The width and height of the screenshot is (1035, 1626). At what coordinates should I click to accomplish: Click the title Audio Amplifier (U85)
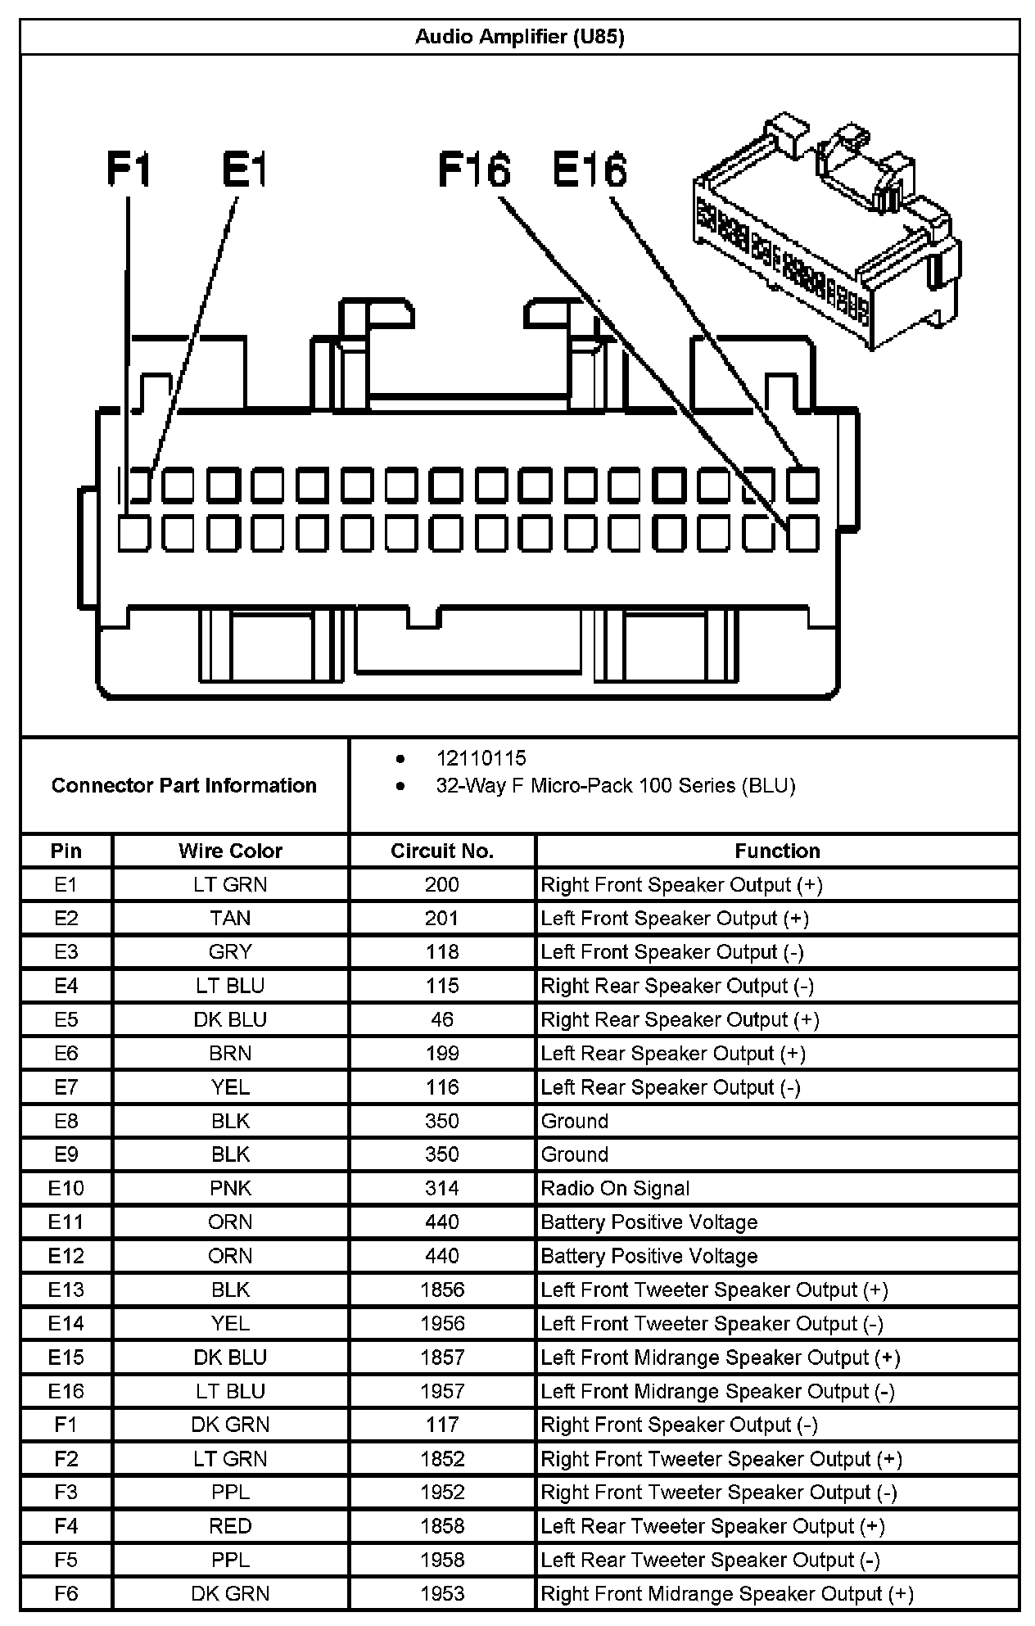[519, 37]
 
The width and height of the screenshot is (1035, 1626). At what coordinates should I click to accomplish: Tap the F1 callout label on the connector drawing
[129, 170]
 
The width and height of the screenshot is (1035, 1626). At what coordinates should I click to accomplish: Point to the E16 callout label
[590, 170]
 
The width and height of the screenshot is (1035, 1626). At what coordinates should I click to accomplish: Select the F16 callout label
[474, 170]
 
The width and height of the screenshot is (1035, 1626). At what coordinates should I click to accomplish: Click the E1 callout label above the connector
[244, 170]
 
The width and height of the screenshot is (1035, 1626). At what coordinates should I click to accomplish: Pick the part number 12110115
[481, 758]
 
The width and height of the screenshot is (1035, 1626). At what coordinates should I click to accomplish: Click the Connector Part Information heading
[183, 785]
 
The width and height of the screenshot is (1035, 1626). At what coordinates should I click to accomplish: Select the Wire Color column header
[230, 851]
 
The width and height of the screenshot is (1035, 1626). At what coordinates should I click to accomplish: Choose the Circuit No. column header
[442, 851]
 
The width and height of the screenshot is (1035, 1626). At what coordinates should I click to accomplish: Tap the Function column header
[776, 851]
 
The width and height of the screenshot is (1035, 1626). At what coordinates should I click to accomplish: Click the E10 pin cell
[66, 1188]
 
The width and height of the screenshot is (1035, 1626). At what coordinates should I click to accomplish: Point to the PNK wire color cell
[230, 1188]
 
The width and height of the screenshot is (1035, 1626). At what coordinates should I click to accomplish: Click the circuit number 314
[442, 1188]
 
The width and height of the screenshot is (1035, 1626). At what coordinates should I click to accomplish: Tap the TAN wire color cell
[230, 918]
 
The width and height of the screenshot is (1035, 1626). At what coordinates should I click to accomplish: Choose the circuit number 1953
[442, 1593]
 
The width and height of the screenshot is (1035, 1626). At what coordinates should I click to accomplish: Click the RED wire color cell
[230, 1526]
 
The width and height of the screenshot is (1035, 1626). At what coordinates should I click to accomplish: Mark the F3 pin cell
[66, 1493]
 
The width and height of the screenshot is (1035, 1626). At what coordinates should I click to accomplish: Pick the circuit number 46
[442, 1019]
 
